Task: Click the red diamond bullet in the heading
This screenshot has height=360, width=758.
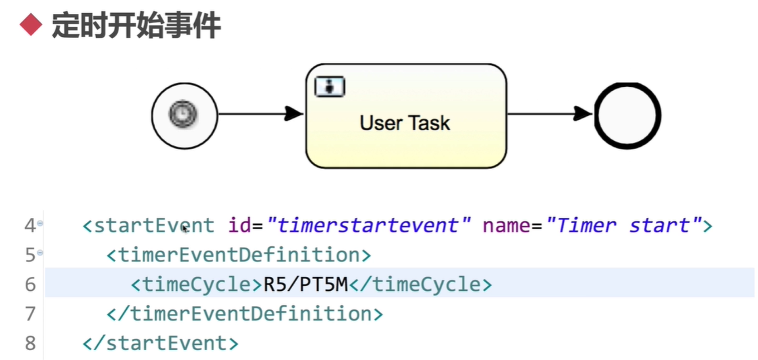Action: (30, 26)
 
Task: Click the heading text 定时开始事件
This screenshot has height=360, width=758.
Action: (136, 26)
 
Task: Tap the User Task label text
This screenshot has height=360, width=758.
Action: (405, 122)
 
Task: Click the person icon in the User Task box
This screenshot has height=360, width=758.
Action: (330, 86)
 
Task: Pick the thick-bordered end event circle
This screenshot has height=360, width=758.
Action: (627, 115)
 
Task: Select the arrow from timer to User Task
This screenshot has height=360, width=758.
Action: (260, 114)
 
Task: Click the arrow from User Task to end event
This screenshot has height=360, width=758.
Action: (549, 114)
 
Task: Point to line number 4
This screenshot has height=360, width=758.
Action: (30, 226)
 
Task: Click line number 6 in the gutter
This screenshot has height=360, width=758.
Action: (30, 284)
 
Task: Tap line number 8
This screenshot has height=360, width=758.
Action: (30, 343)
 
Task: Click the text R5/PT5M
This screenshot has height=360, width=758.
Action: (305, 284)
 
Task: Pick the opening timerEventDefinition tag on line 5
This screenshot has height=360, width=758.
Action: (239, 255)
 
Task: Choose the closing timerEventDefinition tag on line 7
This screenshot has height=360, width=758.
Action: (244, 313)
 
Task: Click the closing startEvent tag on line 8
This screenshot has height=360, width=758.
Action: (161, 343)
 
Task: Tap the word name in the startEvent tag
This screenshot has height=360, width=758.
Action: (506, 226)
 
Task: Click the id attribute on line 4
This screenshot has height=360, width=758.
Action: (239, 226)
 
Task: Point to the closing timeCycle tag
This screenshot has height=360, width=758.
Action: (420, 284)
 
